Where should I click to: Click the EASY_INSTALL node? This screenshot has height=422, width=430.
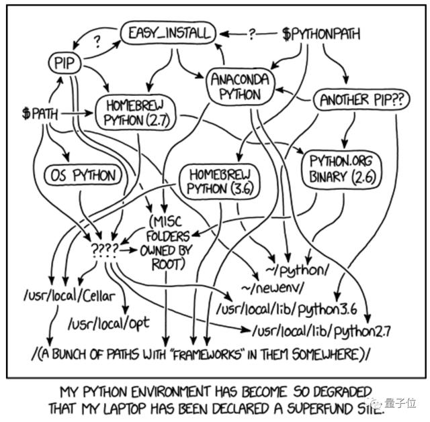tap(168, 32)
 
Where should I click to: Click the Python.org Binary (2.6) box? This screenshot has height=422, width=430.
tap(345, 168)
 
